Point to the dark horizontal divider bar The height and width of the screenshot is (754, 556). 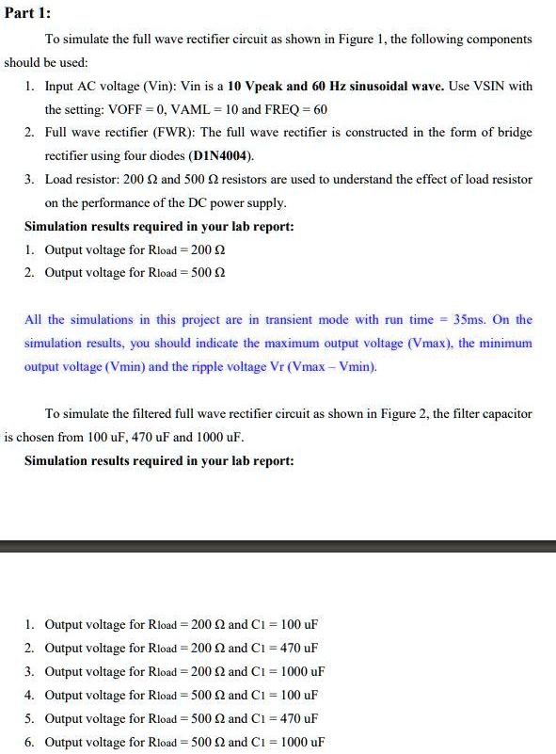point(278,546)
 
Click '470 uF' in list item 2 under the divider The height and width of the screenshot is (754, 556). point(299,649)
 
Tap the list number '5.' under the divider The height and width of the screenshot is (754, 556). point(30,719)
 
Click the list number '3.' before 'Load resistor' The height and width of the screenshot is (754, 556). point(30,179)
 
